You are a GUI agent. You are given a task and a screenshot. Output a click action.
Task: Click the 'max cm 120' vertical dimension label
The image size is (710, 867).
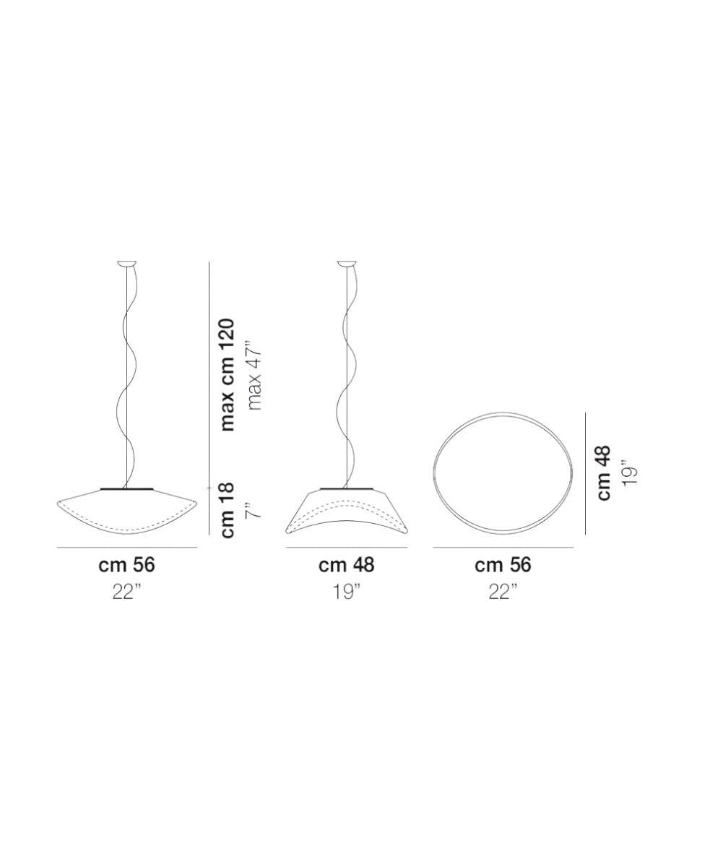tap(228, 376)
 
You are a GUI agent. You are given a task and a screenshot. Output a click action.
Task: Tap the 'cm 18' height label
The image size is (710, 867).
tap(228, 510)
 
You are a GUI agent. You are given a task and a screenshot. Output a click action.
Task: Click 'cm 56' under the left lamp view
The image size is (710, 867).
tap(126, 565)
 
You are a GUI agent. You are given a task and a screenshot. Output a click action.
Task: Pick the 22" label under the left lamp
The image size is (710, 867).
tap(126, 592)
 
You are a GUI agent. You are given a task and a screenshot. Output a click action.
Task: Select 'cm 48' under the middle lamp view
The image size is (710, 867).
tap(347, 565)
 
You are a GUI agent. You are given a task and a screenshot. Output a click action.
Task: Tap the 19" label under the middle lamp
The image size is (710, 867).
tap(347, 592)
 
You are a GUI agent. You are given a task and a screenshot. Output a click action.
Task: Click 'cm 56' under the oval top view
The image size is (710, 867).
tap(503, 565)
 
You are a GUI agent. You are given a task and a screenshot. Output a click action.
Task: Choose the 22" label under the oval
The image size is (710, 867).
tap(503, 592)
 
